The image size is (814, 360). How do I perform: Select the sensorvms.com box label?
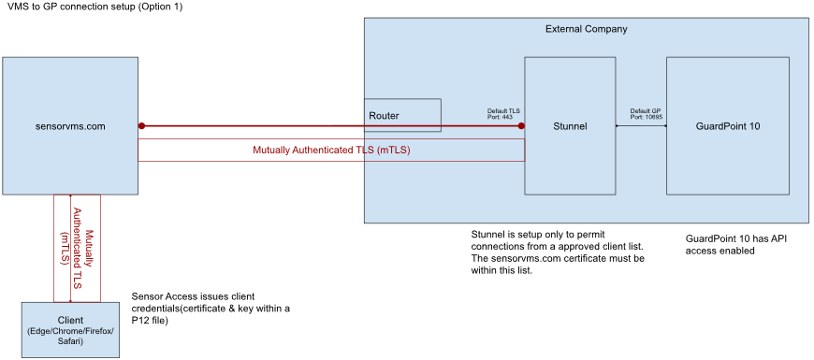coord(70,126)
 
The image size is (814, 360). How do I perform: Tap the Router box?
coord(402,115)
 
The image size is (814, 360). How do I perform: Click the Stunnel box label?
coord(570,126)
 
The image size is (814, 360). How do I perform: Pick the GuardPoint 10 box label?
coord(728,126)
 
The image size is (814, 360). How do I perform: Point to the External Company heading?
coord(586,29)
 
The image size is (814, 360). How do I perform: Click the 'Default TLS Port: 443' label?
coord(503,114)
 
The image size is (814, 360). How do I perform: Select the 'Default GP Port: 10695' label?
coord(647,114)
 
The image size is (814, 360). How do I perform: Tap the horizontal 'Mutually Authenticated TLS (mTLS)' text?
coord(331,151)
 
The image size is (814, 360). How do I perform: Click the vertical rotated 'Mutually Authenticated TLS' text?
coord(78,248)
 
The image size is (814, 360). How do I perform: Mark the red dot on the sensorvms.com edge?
coord(141,126)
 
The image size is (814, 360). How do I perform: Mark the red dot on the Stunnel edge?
coord(521,126)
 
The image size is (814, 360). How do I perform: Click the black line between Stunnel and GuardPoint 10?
coord(641,125)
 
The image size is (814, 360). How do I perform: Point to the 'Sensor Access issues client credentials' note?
coord(211,309)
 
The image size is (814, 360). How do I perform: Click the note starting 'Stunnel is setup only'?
coord(558,252)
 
